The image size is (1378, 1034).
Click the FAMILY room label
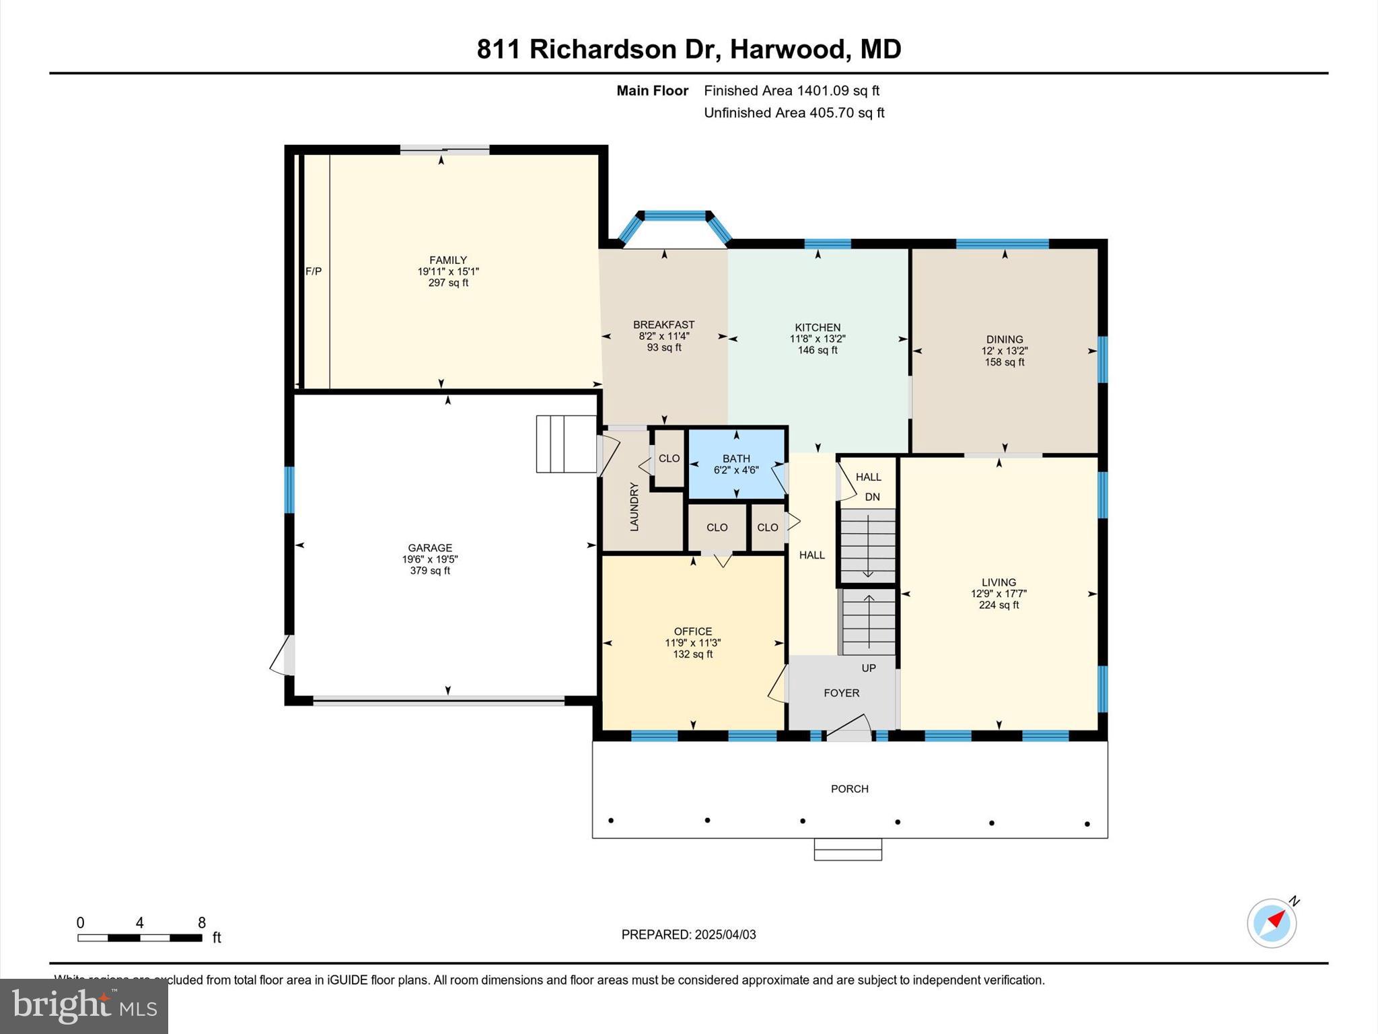tap(448, 260)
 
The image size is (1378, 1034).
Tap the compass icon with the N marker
tap(1272, 923)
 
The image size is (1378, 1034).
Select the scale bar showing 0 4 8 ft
tap(140, 937)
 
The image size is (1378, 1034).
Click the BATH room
tap(736, 464)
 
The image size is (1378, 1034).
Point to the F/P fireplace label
tap(314, 271)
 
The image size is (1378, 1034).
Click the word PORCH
tap(849, 788)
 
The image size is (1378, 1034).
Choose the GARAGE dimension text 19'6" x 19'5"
tap(430, 559)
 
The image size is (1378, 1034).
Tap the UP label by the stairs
tap(869, 668)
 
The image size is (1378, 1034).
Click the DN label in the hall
tap(872, 497)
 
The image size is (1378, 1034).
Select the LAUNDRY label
tap(634, 506)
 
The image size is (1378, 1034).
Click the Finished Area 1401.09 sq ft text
tap(791, 90)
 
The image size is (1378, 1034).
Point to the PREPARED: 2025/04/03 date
tap(688, 934)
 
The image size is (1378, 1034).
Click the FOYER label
tap(841, 693)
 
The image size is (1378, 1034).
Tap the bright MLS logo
tap(84, 1006)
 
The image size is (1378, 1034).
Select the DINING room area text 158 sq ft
tap(1005, 362)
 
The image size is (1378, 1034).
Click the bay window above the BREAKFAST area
tap(674, 216)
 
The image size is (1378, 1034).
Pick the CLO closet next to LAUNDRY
tap(669, 458)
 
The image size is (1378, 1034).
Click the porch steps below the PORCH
tap(848, 849)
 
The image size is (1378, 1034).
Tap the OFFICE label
tap(693, 631)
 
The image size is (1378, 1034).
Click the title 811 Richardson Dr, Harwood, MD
tap(689, 49)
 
